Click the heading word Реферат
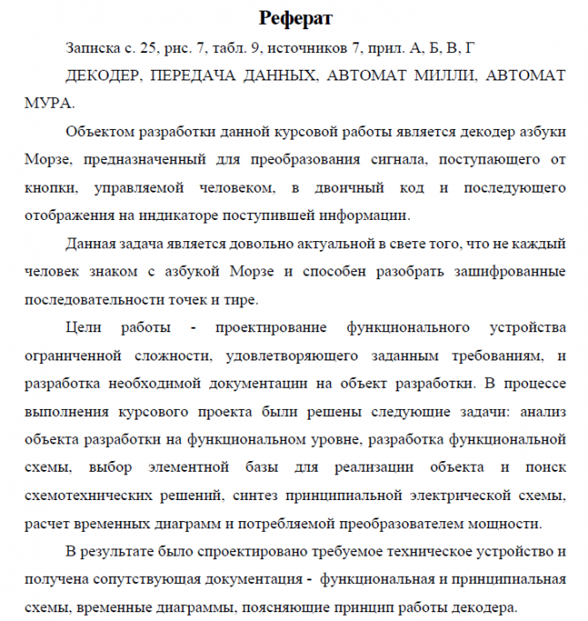click(x=295, y=17)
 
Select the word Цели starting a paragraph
click(x=85, y=329)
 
